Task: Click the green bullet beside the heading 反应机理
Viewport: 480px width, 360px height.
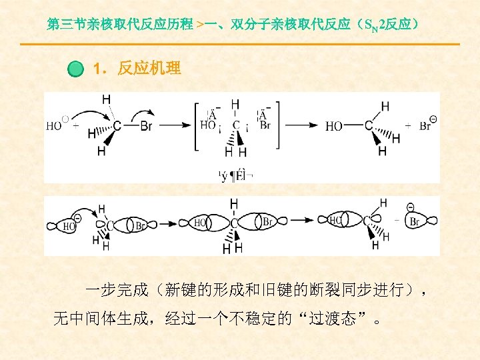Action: [x=77, y=69]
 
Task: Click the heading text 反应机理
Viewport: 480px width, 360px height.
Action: [x=149, y=68]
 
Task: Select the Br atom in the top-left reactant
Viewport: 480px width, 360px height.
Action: [x=147, y=125]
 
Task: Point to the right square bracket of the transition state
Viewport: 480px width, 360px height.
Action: [x=275, y=125]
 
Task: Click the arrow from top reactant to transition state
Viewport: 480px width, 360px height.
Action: [x=175, y=125]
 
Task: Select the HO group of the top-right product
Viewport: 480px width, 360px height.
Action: [x=335, y=125]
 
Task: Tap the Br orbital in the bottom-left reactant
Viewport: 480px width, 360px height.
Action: [x=140, y=225]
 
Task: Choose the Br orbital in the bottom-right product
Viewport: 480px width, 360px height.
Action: [x=415, y=221]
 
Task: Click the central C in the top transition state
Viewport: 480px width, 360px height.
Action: [x=235, y=125]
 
